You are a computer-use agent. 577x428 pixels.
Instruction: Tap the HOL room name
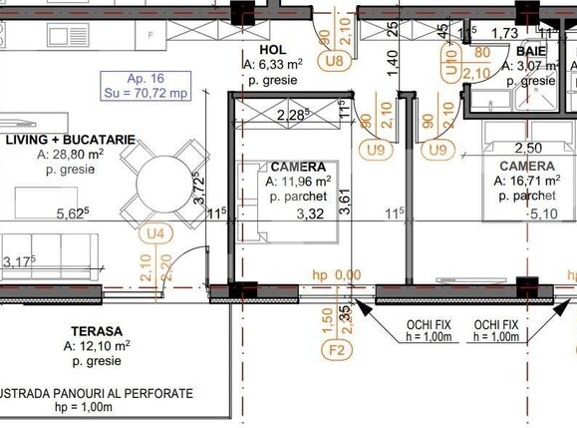point(272,49)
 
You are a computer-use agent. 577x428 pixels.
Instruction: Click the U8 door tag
point(334,61)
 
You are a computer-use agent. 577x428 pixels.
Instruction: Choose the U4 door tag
point(153,233)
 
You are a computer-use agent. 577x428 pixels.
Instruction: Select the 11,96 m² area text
point(298,183)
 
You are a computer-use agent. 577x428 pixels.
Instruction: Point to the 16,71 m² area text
point(527,183)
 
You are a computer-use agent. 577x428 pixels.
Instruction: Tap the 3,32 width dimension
point(302,213)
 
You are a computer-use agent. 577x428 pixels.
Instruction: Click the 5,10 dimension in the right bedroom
point(542,213)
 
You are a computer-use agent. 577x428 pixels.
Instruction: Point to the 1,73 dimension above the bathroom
point(504,34)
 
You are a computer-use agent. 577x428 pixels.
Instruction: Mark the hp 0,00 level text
point(336,275)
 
